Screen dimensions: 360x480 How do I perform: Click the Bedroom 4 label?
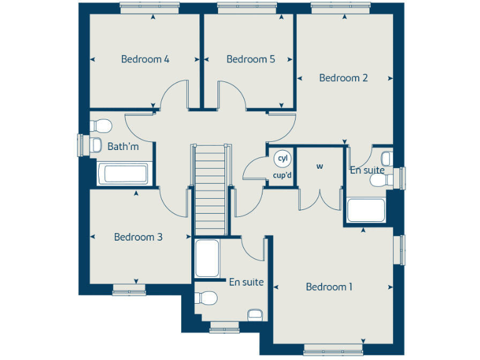[145, 59]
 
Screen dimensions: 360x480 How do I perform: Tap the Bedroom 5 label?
[251, 59]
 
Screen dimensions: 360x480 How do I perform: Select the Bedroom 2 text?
[343, 78]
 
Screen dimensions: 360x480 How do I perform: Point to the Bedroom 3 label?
[138, 237]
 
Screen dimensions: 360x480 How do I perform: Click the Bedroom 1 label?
[329, 287]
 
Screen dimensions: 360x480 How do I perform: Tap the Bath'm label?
[122, 147]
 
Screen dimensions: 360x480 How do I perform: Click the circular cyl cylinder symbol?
[282, 158]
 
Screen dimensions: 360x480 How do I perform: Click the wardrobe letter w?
[319, 166]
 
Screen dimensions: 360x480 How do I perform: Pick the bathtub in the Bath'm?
[123, 174]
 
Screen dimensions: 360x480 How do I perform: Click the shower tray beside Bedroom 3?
[207, 258]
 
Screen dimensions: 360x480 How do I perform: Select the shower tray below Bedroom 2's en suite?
[366, 211]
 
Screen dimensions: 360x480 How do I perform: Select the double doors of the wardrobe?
[320, 199]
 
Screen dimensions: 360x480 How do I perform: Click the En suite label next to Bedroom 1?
[246, 282]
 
